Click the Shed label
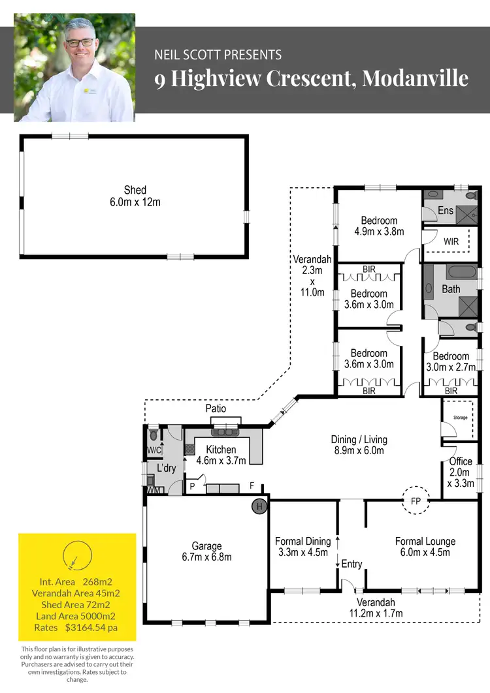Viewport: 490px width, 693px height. [135, 190]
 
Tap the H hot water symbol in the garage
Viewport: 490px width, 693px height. [259, 506]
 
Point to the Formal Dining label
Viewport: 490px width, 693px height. [302, 541]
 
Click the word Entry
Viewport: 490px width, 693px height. [351, 564]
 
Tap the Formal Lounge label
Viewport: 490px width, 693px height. [425, 541]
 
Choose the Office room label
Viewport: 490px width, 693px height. [461, 461]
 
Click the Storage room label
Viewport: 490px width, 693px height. [461, 416]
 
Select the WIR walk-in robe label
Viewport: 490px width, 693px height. [451, 241]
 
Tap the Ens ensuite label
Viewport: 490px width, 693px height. [446, 210]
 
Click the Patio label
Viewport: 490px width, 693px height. [216, 408]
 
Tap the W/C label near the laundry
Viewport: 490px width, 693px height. [154, 450]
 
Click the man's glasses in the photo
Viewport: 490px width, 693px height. [79, 42]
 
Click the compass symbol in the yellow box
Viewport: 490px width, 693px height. [73, 556]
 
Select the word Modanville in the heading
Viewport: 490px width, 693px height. [415, 79]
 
